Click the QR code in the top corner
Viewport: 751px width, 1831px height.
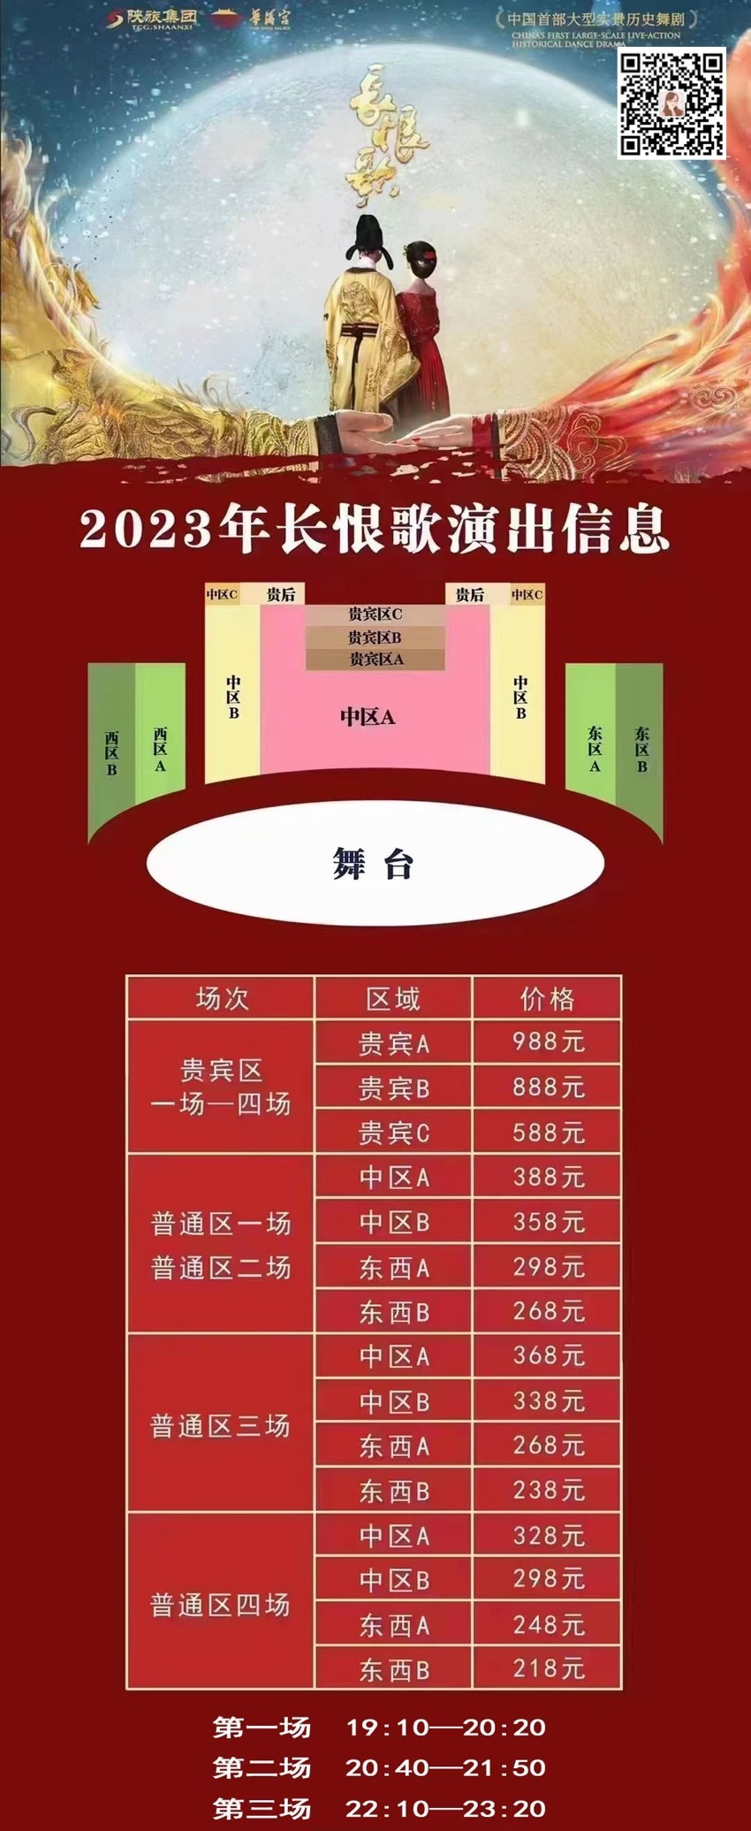(x=671, y=103)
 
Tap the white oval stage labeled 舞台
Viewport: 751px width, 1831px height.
(x=375, y=863)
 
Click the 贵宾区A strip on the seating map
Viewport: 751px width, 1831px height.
(x=375, y=660)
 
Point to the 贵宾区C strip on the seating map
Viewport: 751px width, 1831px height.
(x=375, y=614)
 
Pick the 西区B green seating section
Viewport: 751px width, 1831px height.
(x=111, y=751)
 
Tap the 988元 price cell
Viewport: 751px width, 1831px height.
(x=548, y=1042)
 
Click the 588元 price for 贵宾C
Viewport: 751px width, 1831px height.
(x=548, y=1133)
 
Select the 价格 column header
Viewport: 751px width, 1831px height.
(x=548, y=999)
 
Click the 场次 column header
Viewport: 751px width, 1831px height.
(x=221, y=999)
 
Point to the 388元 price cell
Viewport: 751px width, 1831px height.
(x=548, y=1178)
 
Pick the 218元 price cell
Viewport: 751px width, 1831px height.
(x=548, y=1669)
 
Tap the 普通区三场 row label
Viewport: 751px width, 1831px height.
(x=220, y=1426)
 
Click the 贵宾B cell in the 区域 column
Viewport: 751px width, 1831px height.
(x=394, y=1088)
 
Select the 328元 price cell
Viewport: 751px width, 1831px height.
(x=548, y=1536)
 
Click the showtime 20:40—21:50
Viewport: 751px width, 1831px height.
(x=445, y=1767)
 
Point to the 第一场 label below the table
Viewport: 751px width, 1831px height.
(x=262, y=1727)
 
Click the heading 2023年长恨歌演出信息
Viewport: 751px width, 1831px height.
(x=375, y=530)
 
